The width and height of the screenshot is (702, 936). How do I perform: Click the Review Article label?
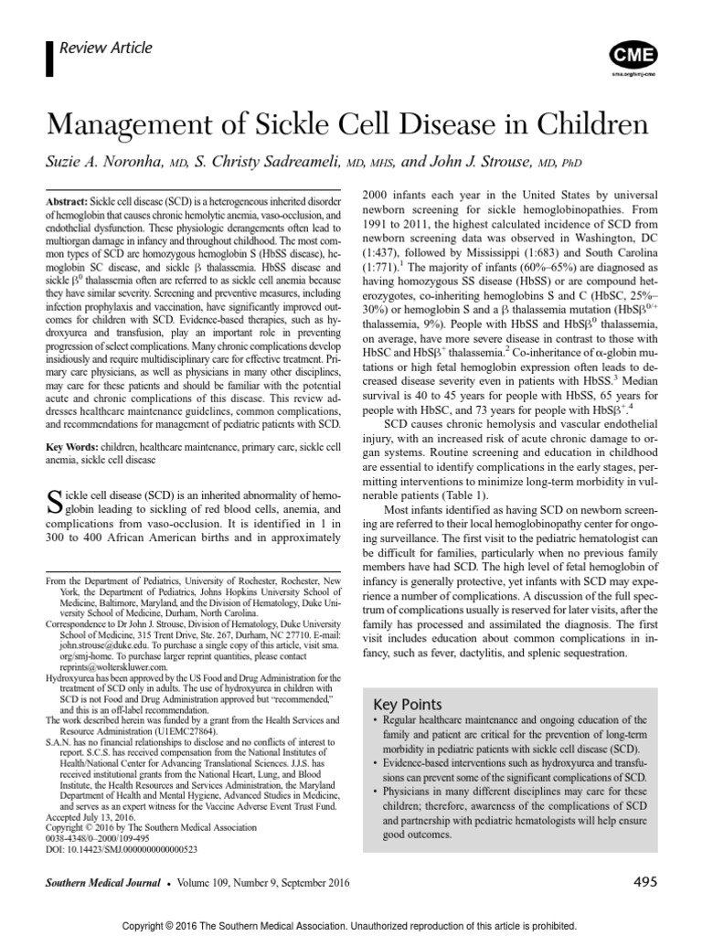click(105, 48)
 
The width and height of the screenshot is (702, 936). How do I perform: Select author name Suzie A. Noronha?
click(102, 162)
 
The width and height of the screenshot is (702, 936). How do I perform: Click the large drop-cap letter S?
click(53, 501)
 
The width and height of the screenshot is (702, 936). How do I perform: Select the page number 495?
click(645, 882)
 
